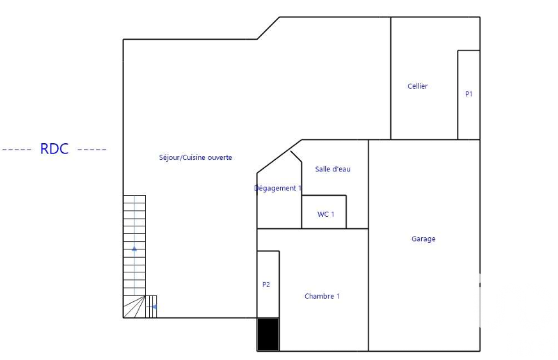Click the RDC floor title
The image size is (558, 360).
pyautogui.click(x=54, y=149)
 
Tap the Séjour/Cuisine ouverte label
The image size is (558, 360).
pyautogui.click(x=195, y=157)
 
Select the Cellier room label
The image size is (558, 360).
pyautogui.click(x=417, y=86)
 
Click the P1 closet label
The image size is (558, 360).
pyautogui.click(x=468, y=94)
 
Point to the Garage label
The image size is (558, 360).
pyautogui.click(x=423, y=239)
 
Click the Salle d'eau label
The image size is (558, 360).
pyautogui.click(x=333, y=169)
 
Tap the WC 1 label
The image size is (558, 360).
pyautogui.click(x=326, y=214)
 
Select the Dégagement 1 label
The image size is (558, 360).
pyautogui.click(x=278, y=188)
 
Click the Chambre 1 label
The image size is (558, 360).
pyautogui.click(x=322, y=296)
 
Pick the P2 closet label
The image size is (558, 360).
pyautogui.click(x=266, y=285)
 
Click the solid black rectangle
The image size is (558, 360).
pyautogui.click(x=268, y=334)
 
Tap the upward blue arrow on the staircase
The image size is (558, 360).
pyautogui.click(x=134, y=249)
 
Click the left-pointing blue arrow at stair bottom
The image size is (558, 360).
pyautogui.click(x=154, y=307)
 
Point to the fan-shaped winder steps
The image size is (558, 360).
pyautogui.click(x=134, y=307)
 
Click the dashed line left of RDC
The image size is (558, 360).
pyautogui.click(x=17, y=150)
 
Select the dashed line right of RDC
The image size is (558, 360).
pyautogui.click(x=92, y=150)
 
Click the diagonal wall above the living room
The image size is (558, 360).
pyautogui.click(x=268, y=28)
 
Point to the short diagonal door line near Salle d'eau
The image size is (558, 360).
pyautogui.click(x=296, y=157)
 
